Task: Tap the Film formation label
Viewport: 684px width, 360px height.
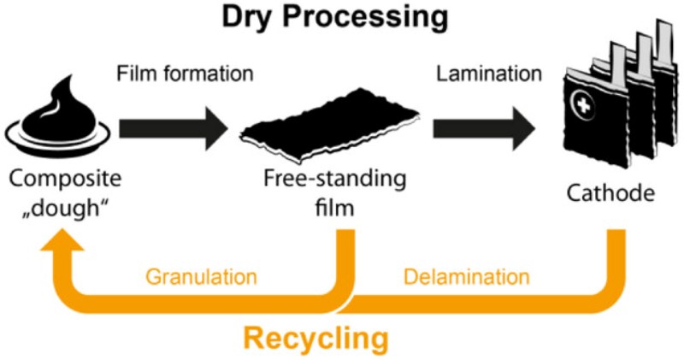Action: [186, 74]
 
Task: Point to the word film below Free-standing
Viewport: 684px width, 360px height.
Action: [334, 208]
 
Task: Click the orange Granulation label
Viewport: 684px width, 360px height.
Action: [201, 277]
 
